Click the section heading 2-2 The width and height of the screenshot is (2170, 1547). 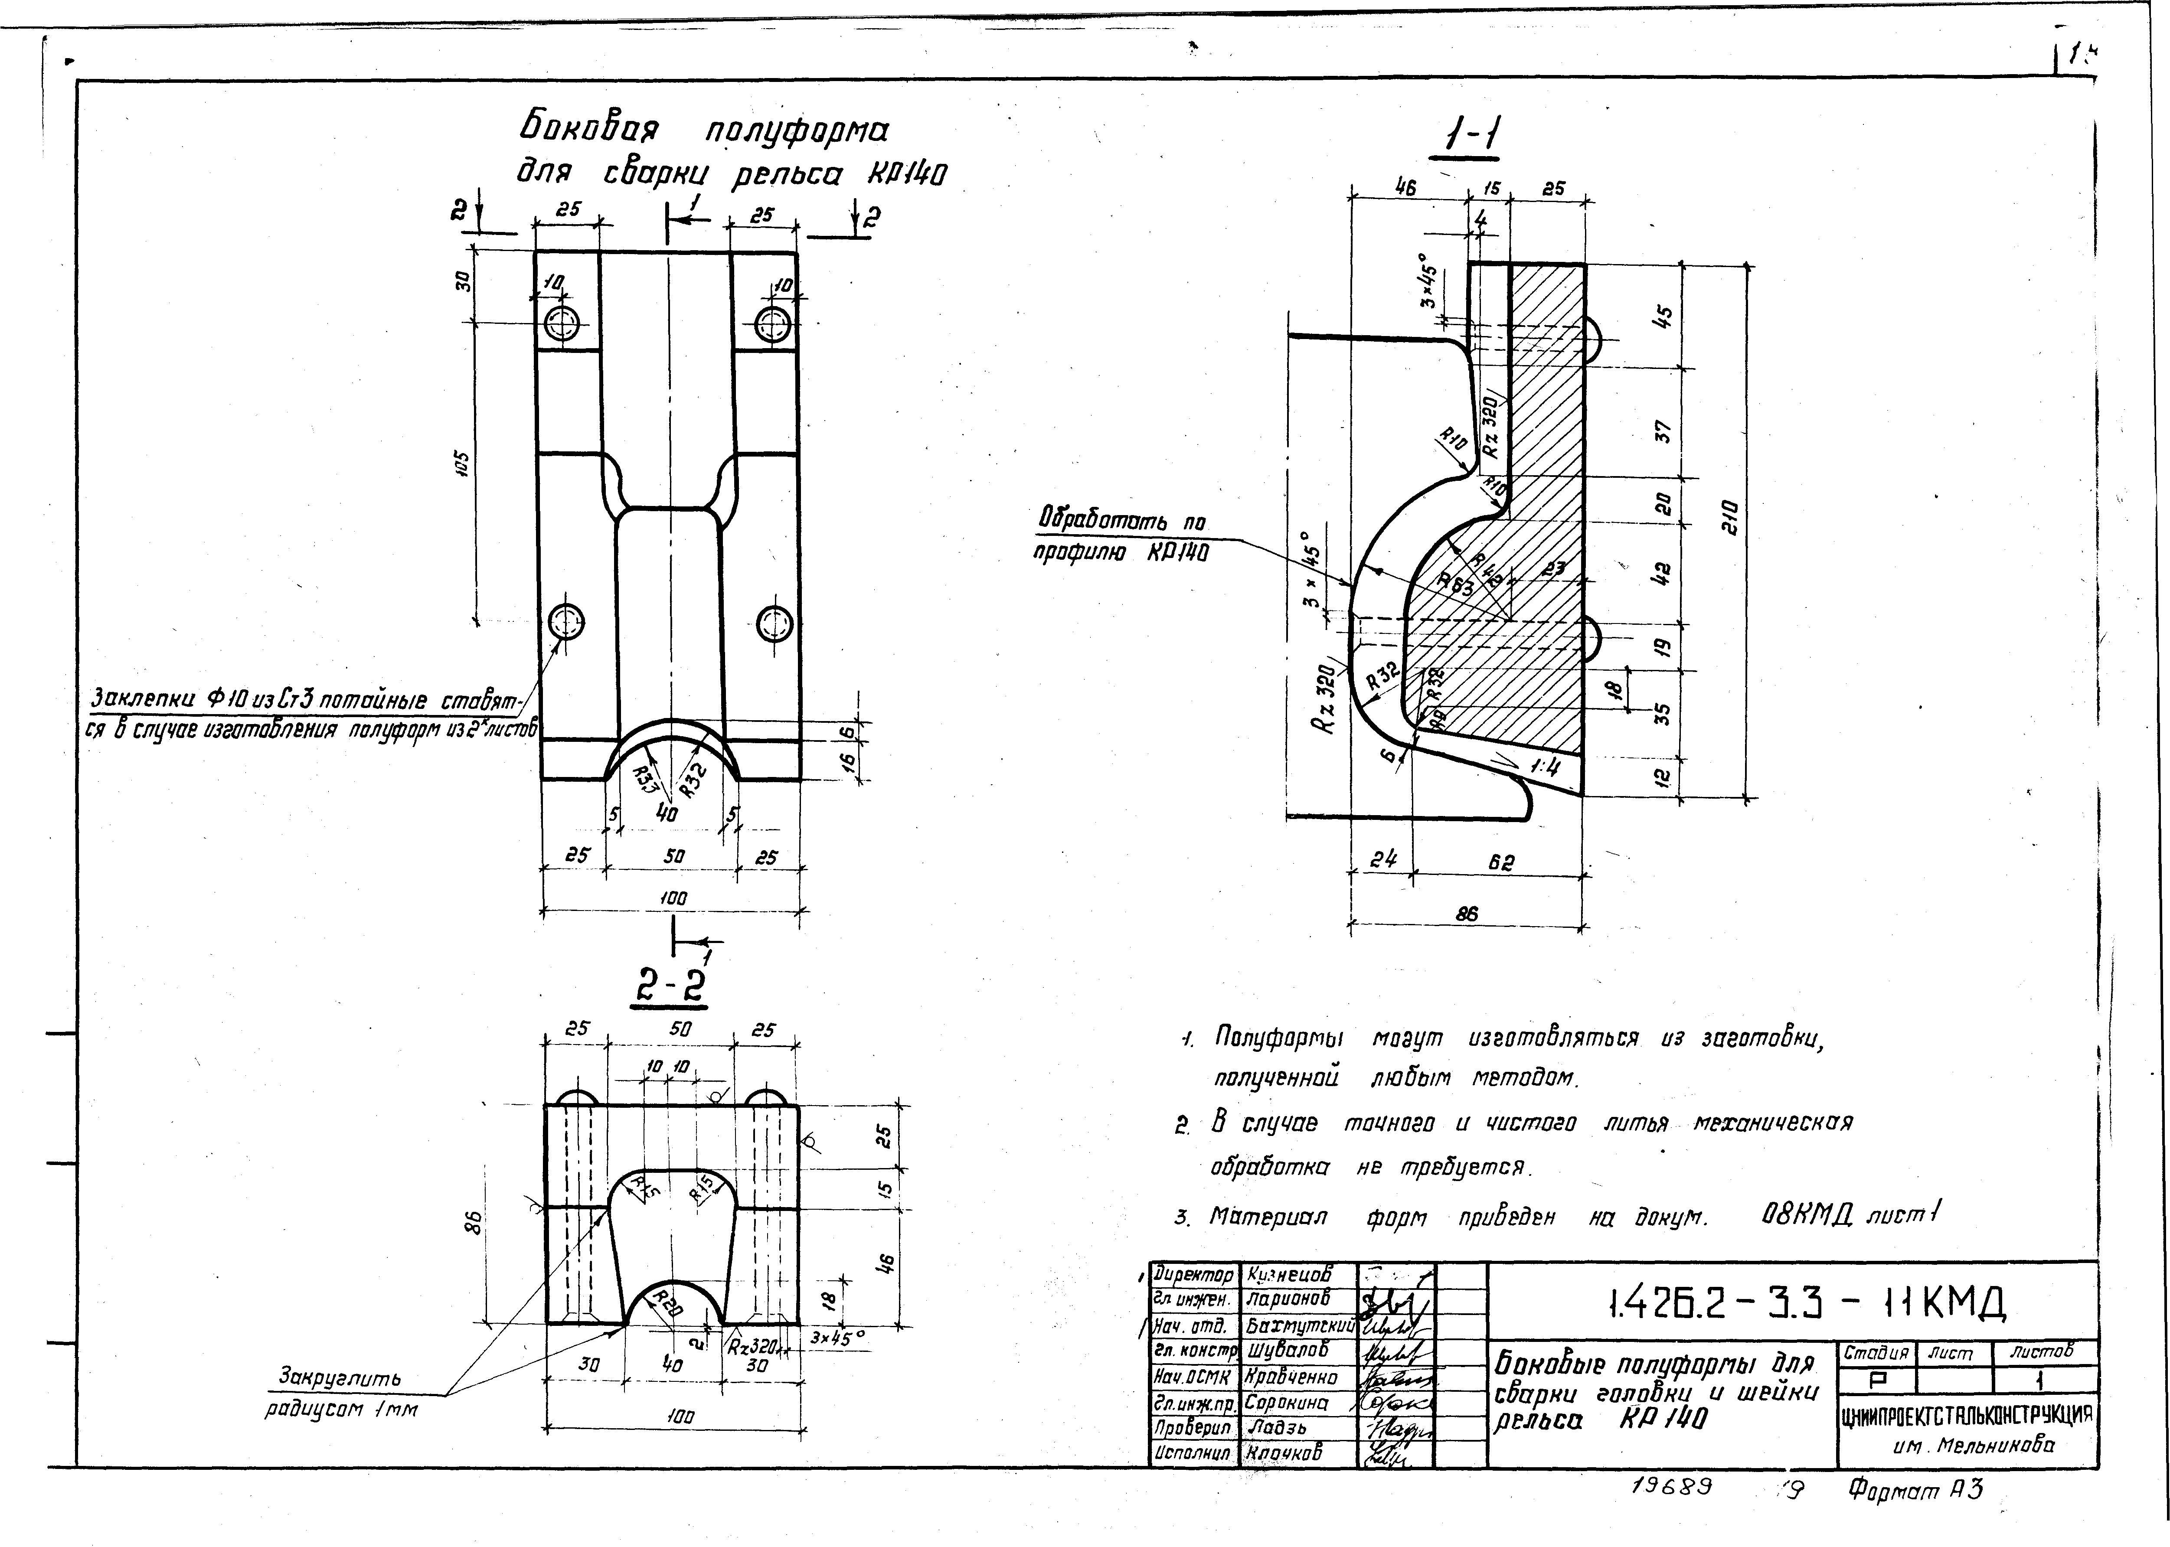(x=672, y=988)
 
